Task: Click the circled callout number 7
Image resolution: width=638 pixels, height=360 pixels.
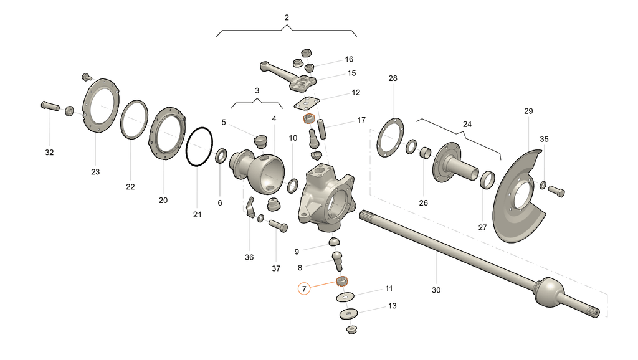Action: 304,289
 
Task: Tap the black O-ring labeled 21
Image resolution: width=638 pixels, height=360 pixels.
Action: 186,147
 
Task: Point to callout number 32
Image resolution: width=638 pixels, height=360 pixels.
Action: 49,153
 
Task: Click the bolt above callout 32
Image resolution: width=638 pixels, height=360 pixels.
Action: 50,106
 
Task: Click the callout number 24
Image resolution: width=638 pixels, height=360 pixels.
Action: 467,124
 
